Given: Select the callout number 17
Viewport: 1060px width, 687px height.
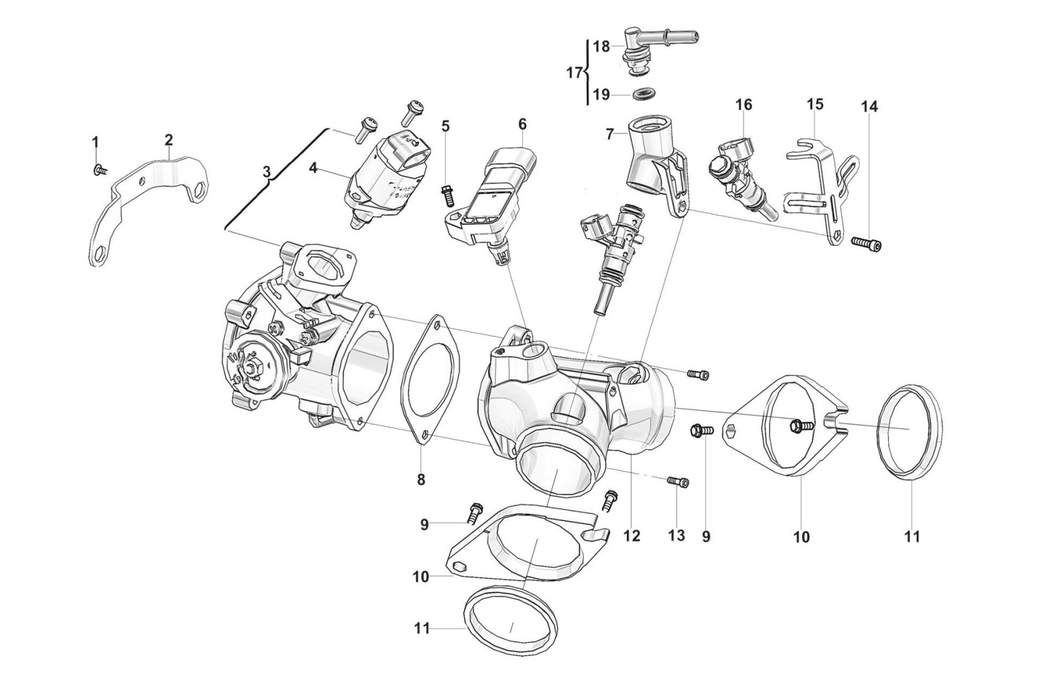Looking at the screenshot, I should click(x=574, y=73).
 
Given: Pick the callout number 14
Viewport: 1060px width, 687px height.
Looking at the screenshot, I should click(x=869, y=106).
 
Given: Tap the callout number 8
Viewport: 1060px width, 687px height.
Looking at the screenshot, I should click(x=421, y=480).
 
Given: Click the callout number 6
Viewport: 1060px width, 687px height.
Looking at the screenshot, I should click(x=522, y=124).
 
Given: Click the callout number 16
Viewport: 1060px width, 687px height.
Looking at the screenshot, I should click(x=744, y=104).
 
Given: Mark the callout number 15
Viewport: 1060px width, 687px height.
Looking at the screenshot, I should click(x=815, y=103).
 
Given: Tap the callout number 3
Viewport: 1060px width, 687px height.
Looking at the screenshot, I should click(x=266, y=171).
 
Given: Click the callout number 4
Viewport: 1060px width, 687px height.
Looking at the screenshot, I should click(x=313, y=168).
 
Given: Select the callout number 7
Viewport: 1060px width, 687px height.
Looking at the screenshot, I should click(x=610, y=134).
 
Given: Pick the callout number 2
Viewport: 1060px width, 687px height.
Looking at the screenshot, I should click(x=169, y=139).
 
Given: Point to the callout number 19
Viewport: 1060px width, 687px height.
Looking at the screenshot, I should click(x=601, y=94).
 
